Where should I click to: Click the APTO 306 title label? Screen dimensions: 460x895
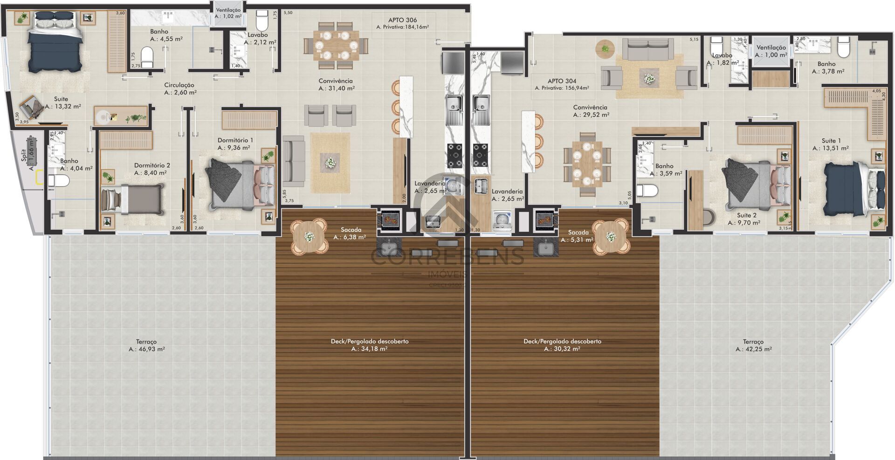point(402,20)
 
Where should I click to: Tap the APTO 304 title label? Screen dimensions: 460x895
point(562,81)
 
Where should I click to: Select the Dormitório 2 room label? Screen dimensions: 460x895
point(152,165)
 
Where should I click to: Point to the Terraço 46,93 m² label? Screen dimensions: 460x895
point(146,345)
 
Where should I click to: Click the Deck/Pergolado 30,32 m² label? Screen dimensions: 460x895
point(562,345)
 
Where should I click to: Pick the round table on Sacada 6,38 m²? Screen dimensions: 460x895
point(309,237)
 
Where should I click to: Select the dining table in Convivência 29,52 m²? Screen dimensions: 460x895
point(587,165)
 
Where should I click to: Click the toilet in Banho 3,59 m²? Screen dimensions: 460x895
point(647,191)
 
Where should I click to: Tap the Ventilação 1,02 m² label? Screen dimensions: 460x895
point(228,13)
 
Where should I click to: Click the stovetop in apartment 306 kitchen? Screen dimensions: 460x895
point(455,156)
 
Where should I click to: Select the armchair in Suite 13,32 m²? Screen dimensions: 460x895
point(32,108)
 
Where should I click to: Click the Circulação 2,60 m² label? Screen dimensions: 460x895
point(179,89)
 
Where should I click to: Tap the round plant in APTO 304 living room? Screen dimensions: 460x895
point(606,48)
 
